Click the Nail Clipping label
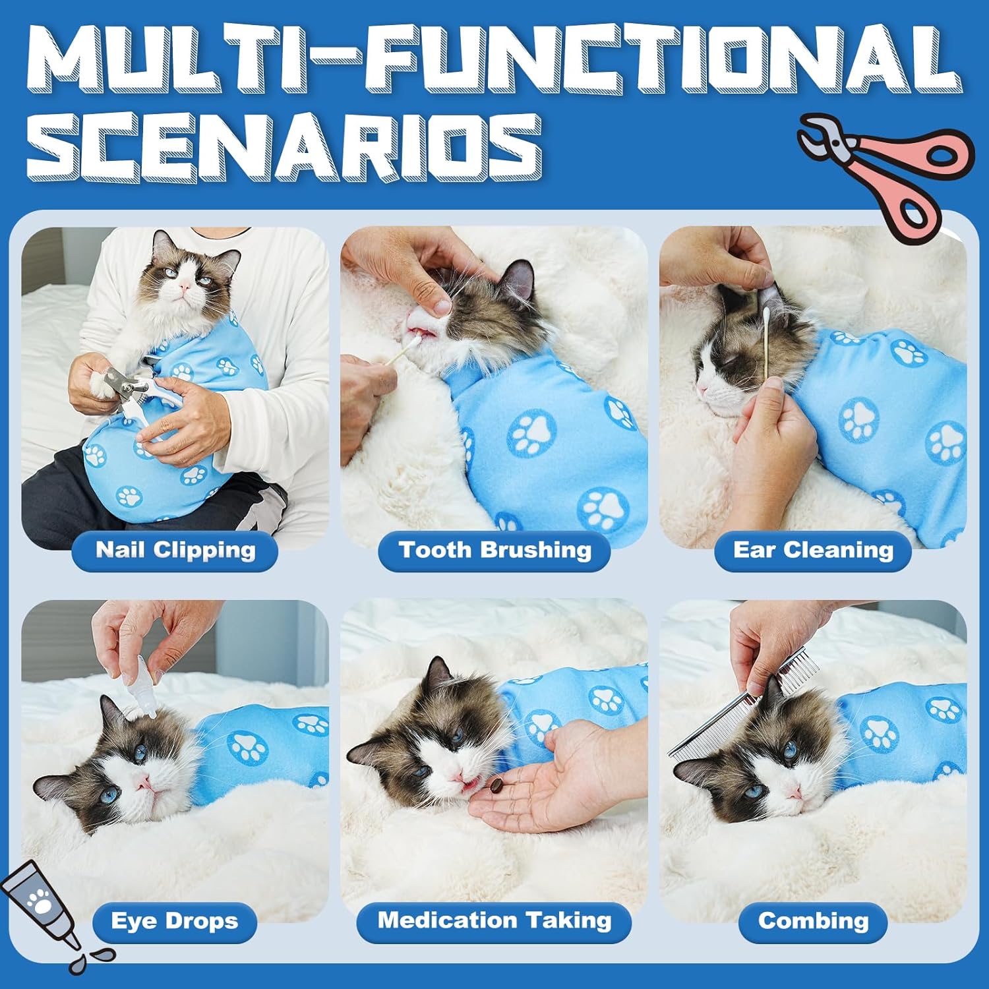point(175,551)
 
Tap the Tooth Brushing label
point(494,551)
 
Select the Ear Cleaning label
point(813,551)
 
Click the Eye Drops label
point(175,921)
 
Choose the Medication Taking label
point(494,921)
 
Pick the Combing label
point(813,921)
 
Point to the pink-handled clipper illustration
point(884,171)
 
